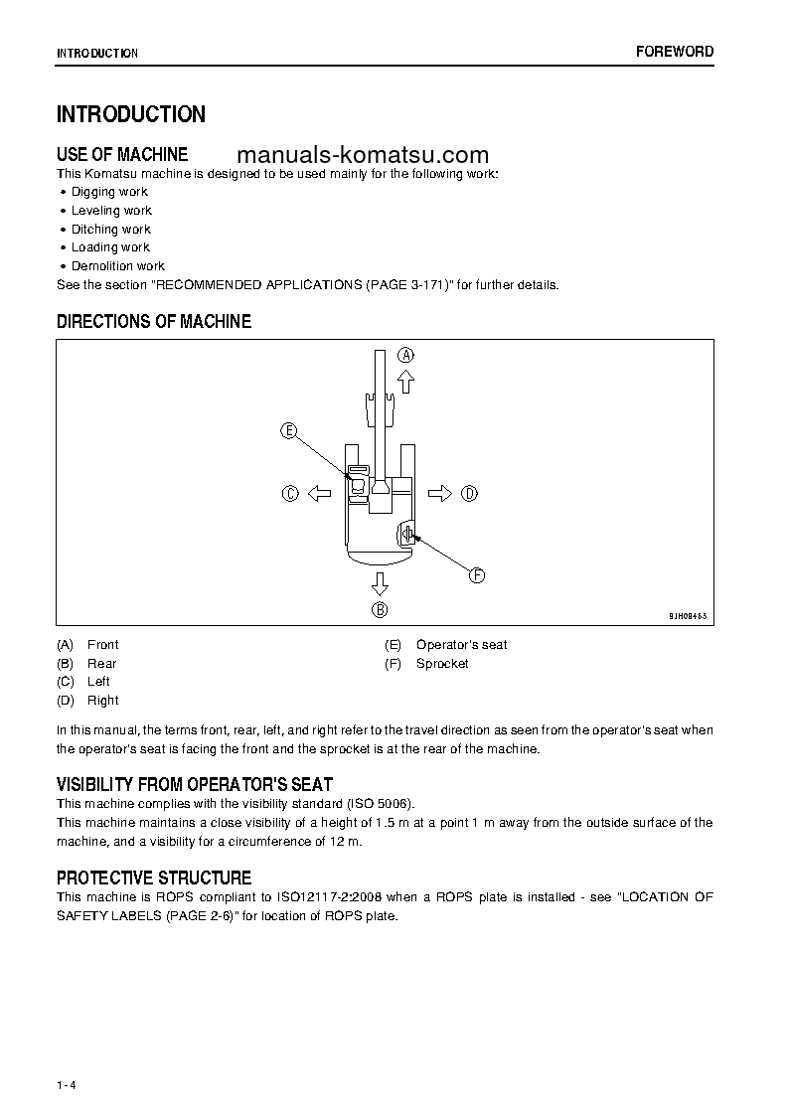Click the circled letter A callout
[x=406, y=355]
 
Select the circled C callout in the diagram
[x=290, y=493]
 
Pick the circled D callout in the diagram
[x=469, y=493]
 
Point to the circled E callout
[x=288, y=430]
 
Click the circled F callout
[x=476, y=575]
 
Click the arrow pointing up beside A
[x=405, y=382]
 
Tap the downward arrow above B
[x=380, y=582]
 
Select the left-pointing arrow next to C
[x=319, y=493]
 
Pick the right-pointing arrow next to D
[x=440, y=493]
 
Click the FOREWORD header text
[x=675, y=52]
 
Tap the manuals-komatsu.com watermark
[x=364, y=155]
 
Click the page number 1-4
[x=67, y=1056]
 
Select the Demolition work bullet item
[x=117, y=266]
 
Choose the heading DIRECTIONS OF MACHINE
[x=154, y=322]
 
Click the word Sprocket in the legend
[x=442, y=664]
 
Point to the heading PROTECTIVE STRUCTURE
[x=154, y=878]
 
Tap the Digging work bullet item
[x=109, y=192]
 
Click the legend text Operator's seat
[x=461, y=645]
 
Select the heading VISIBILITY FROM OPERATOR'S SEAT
[x=195, y=785]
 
